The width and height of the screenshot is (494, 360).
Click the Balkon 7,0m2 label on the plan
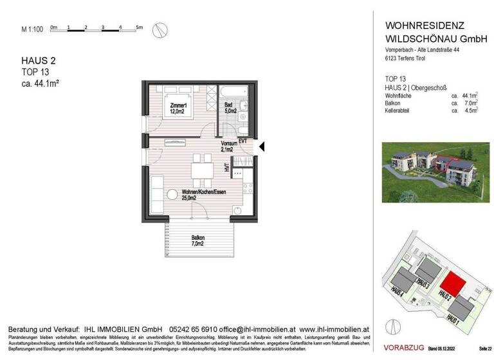(x=197, y=240)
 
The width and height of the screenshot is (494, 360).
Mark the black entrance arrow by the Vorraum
(x=261, y=147)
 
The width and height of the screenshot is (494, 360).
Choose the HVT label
(x=227, y=168)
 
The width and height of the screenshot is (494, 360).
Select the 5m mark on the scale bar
(x=139, y=27)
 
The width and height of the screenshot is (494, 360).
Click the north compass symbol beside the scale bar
(x=163, y=29)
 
